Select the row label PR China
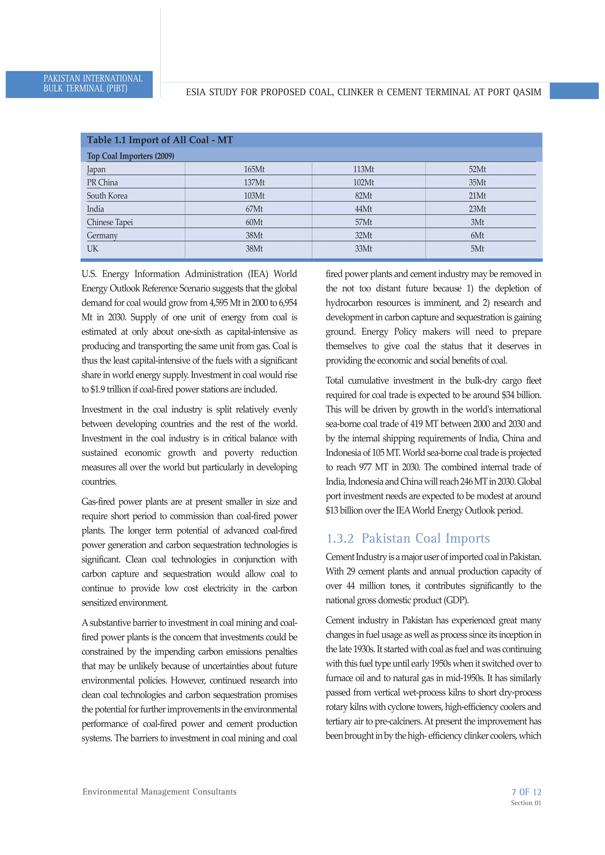point(102,182)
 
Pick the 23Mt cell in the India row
point(477,209)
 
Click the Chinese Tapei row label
point(110,222)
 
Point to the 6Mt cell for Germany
point(477,235)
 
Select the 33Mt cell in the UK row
point(363,249)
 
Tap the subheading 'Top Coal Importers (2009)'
point(131,156)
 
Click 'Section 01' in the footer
point(526,803)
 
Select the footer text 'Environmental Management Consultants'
point(160,792)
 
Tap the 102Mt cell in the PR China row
point(363,182)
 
